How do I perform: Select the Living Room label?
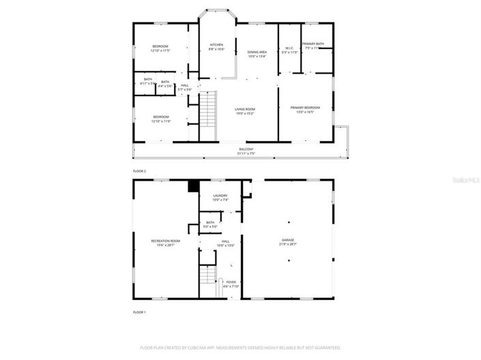(x=245, y=111)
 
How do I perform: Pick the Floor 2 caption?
(x=139, y=171)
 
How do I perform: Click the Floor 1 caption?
(x=139, y=312)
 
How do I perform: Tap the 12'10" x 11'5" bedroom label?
(x=160, y=48)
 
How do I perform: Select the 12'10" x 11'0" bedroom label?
(x=161, y=119)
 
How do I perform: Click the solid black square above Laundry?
(x=192, y=184)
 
